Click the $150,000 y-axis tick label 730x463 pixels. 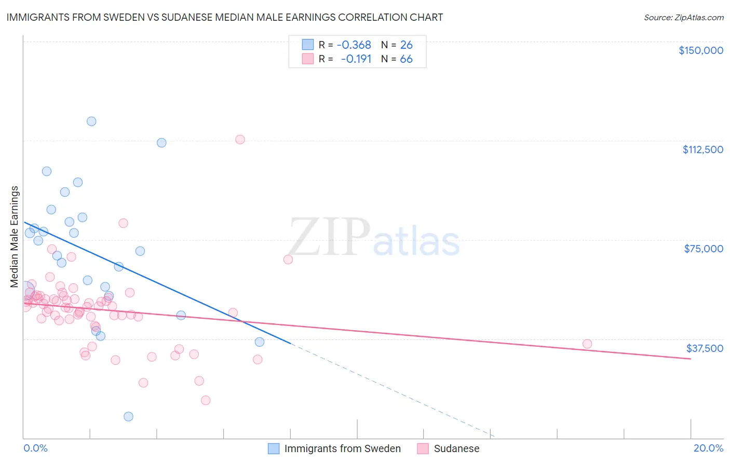pos(700,50)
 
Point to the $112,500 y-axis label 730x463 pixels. pos(702,149)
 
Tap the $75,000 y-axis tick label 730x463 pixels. pos(704,249)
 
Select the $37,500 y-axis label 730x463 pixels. pos(705,348)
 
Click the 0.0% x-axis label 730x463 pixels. pos(35,448)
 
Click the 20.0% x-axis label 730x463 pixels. pos(708,448)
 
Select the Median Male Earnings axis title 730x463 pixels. pos(15,236)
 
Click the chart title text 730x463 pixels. pos(225,17)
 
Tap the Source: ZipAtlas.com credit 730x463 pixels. pos(683,18)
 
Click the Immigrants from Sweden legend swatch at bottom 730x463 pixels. pos(274,448)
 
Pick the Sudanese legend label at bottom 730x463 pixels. pos(456,448)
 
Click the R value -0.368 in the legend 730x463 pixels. pos(354,45)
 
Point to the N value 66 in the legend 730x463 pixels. pos(406,59)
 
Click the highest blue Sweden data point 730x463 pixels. pos(91,121)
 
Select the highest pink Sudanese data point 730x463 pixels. pos(240,140)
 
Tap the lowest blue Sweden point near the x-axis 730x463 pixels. pos(128,416)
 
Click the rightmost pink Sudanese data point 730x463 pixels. pos(587,344)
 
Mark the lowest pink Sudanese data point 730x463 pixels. pos(206,400)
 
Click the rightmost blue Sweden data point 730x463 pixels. pos(260,342)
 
